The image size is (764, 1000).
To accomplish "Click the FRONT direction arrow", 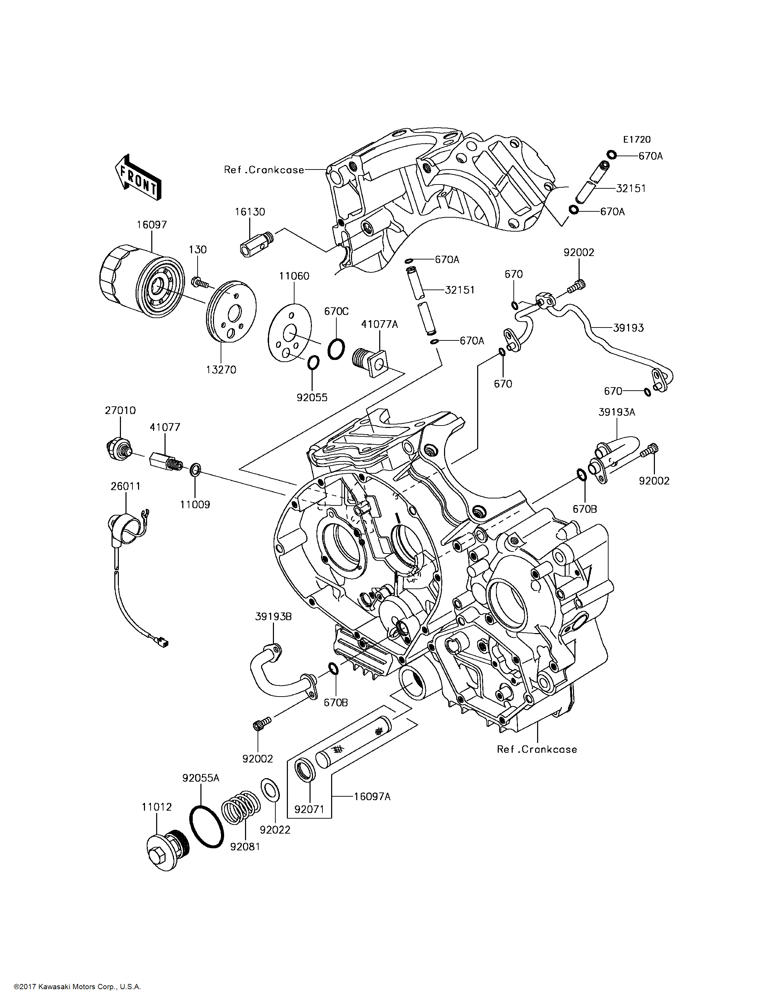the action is coord(138,177).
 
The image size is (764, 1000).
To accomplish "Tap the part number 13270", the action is coord(221,370).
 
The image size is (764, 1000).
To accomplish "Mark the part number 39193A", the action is coord(617,412).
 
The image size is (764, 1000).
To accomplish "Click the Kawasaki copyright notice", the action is coord(77,987).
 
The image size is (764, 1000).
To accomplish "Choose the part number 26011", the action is coord(125,486).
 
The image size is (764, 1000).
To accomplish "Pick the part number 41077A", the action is coord(379,324).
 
